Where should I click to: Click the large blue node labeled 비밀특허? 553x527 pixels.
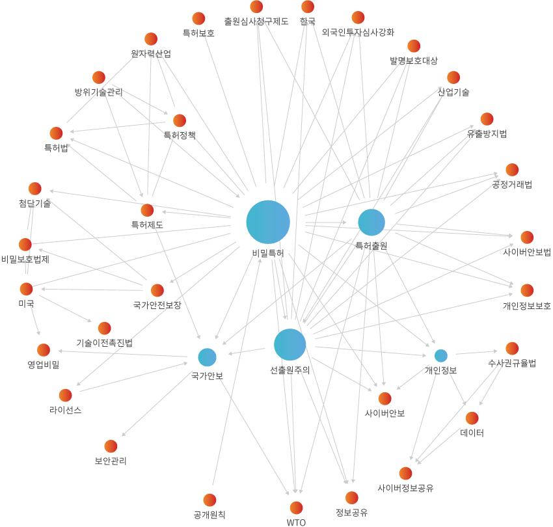tap(268, 222)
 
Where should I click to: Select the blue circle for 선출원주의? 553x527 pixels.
tap(290, 344)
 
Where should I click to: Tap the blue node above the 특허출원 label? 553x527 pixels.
tap(371, 223)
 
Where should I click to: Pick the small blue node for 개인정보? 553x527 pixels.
tap(440, 355)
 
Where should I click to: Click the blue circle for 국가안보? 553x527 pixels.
tap(207, 357)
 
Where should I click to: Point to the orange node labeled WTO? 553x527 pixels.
tap(296, 507)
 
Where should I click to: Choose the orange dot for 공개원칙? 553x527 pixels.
tap(209, 500)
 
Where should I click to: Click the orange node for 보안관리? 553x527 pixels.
tap(111, 446)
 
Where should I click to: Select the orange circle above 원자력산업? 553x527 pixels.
tap(151, 39)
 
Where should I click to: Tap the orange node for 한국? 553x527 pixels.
tap(308, 7)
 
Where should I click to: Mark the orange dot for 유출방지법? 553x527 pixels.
tap(487, 119)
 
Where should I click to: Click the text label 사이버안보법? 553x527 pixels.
tap(527, 252)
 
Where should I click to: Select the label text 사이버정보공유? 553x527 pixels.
tap(405, 488)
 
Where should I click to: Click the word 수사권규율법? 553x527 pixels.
tap(512, 364)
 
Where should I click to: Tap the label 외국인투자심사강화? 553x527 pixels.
tap(358, 32)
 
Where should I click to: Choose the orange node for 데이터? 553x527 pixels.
tap(472, 418)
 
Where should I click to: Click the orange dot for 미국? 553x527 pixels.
tap(26, 288)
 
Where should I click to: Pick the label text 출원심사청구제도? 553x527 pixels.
tap(256, 21)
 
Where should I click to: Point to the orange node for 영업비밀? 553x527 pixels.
tap(44, 350)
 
